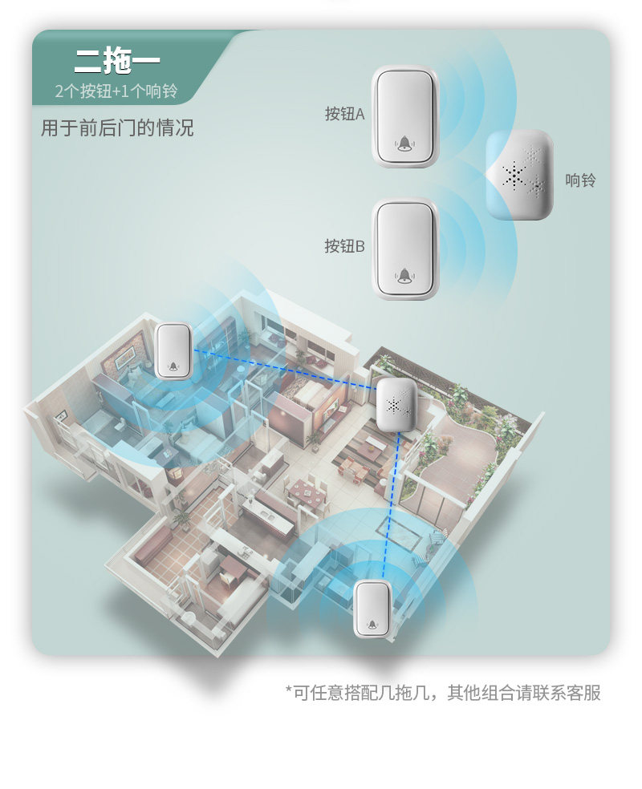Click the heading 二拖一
coord(117,60)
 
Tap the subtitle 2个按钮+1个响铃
coord(116,91)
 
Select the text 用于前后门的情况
coord(117,128)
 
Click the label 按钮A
coord(344,115)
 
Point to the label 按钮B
coord(344,246)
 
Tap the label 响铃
coord(580,180)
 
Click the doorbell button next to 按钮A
coord(405,116)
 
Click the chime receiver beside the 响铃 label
coord(520,176)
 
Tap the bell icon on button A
coord(405,144)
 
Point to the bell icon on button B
coord(406,275)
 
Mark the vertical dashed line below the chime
coord(388,505)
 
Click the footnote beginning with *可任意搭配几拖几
coord(443,692)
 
